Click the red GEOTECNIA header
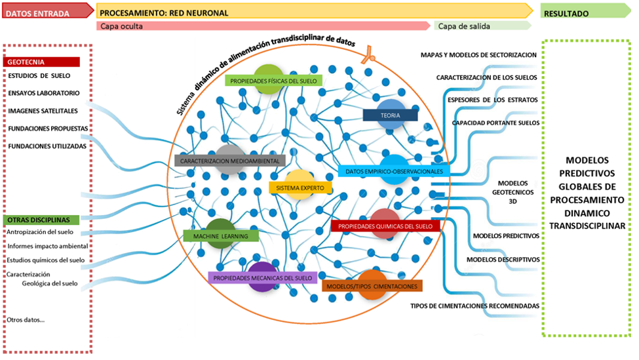coord(41,62)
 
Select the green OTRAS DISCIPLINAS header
coord(41,220)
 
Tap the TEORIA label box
coord(390,115)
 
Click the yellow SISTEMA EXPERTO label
coord(300,188)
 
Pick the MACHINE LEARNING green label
coord(220,236)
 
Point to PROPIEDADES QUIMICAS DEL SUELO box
coord(385,226)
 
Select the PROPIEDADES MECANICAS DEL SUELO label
coord(262,277)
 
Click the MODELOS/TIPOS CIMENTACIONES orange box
coord(372,286)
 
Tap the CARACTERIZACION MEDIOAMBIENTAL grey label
coord(230,161)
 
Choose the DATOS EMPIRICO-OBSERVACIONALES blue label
coord(394,171)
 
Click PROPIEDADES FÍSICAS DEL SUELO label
coord(273,81)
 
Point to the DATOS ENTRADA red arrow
coord(48,11)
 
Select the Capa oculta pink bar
coord(263,26)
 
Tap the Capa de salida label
coord(464,26)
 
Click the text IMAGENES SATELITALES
coord(43,111)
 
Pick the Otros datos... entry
coord(26,320)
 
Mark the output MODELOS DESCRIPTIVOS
coord(503,259)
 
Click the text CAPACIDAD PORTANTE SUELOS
coord(495,123)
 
